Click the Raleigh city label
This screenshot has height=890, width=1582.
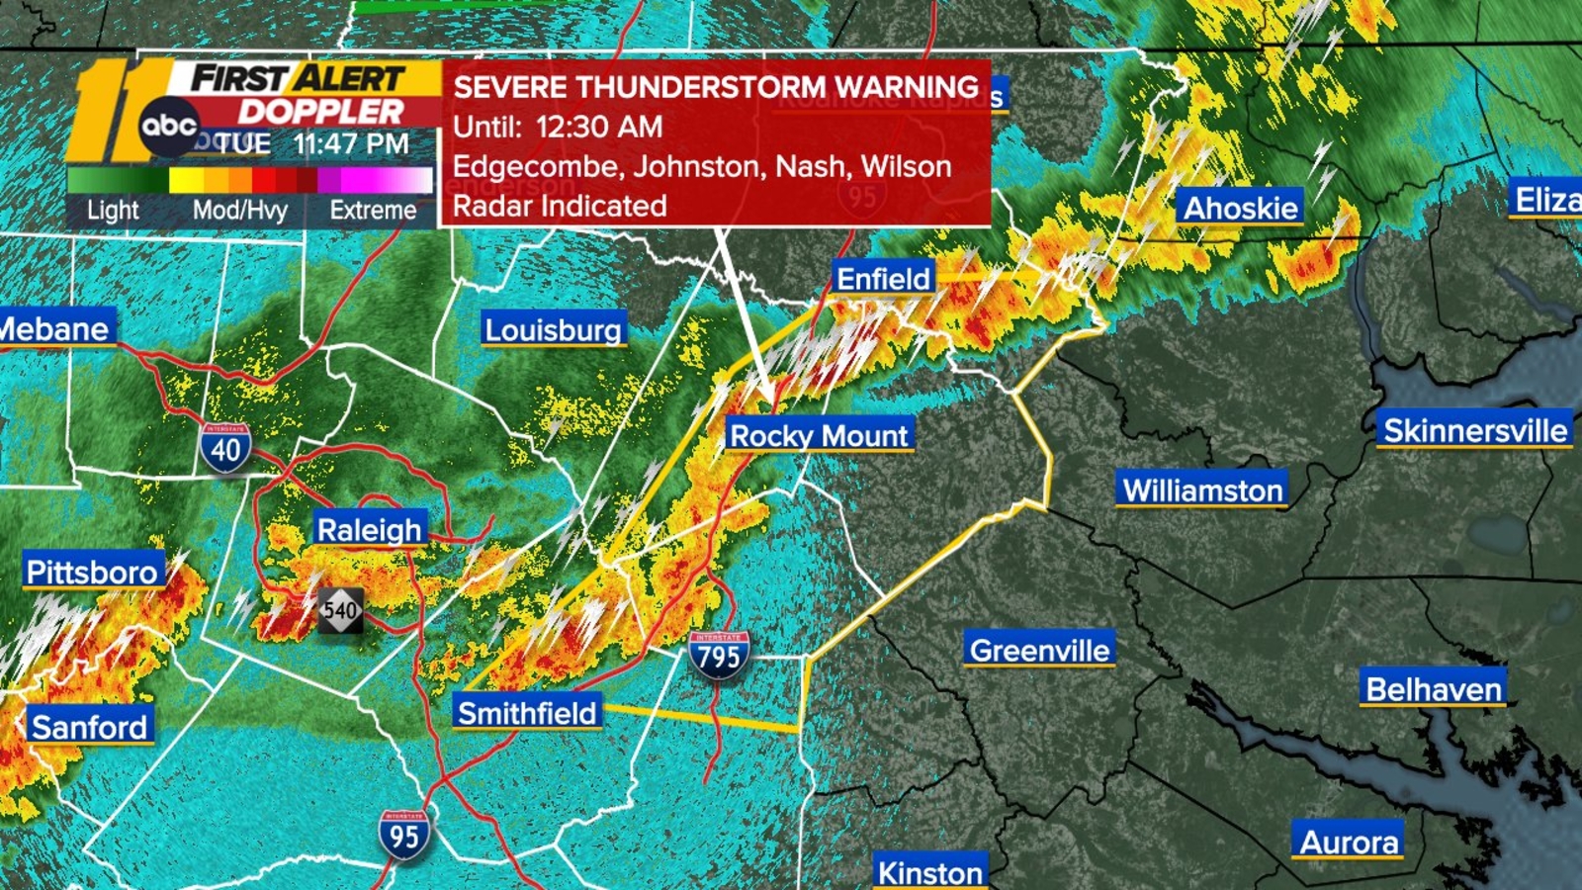[369, 529]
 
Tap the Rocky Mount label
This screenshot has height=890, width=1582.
[818, 435]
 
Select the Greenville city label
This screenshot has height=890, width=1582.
[1039, 650]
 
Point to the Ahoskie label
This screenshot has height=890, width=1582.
[1240, 208]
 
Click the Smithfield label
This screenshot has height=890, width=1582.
[527, 712]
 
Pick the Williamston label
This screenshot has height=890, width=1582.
[1202, 489]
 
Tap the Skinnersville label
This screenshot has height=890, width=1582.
[1474, 430]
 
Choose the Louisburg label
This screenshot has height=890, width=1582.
[553, 329]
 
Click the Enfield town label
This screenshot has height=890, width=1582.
[883, 279]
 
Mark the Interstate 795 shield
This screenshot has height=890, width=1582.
[719, 655]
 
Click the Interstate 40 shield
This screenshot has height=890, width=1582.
[225, 448]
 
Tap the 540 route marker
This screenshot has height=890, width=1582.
[340, 610]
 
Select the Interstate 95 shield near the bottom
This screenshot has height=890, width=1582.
[403, 835]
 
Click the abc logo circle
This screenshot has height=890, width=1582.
[169, 127]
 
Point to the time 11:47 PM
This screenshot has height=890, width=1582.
[351, 144]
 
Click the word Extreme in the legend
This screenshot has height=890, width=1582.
[373, 210]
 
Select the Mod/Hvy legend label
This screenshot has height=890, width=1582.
[239, 210]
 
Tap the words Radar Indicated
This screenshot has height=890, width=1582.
[560, 206]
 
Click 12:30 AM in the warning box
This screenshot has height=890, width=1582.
[599, 127]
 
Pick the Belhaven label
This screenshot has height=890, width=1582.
[1433, 688]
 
